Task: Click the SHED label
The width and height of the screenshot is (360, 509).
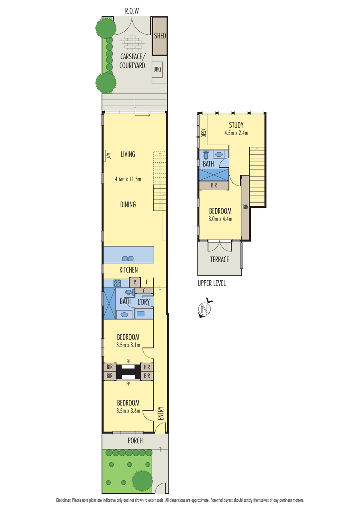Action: [x=160, y=36]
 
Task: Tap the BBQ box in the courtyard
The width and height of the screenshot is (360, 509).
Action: [x=157, y=69]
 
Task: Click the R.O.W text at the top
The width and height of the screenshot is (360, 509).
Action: [x=132, y=11]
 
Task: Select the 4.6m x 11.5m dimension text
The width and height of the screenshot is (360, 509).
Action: [x=128, y=179]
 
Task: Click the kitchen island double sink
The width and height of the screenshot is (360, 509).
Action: [x=128, y=259]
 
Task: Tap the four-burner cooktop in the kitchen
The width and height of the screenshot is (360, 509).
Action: [x=117, y=283]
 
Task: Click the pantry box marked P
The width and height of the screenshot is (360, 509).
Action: [x=135, y=282]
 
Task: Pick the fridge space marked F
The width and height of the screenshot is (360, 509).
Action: [x=147, y=282]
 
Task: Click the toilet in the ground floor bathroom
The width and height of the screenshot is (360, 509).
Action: [x=129, y=292]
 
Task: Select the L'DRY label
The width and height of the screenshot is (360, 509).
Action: [x=144, y=302]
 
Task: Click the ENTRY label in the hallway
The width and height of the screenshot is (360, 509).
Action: [x=161, y=413]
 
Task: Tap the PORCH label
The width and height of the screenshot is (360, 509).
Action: [x=135, y=441]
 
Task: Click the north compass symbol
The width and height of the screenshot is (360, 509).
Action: [x=205, y=308]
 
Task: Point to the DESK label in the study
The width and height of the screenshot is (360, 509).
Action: [x=204, y=133]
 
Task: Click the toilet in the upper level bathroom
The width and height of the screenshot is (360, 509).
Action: [x=206, y=155]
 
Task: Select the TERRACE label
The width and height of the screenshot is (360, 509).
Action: [x=219, y=259]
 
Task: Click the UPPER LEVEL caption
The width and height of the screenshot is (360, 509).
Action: [x=212, y=283]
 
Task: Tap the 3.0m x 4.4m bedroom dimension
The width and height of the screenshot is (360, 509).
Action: [x=220, y=219]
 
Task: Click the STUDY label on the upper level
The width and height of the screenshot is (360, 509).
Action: [x=236, y=125]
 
